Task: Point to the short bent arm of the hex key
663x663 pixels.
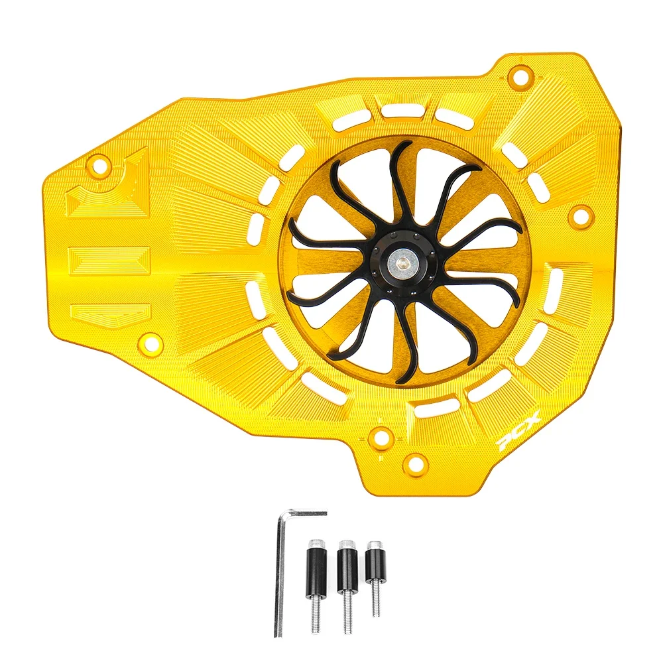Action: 304,513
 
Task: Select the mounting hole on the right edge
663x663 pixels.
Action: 580,214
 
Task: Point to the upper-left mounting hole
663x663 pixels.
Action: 100,166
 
